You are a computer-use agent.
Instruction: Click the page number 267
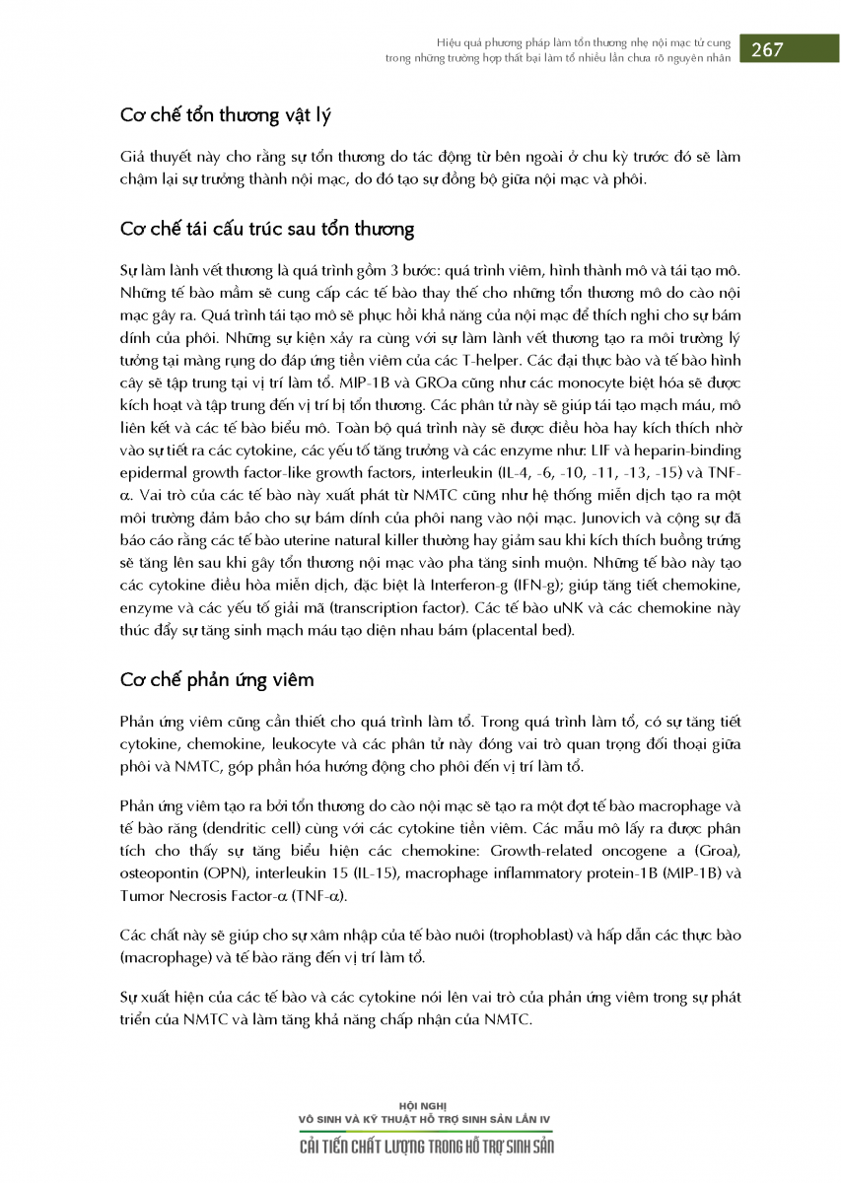point(767,51)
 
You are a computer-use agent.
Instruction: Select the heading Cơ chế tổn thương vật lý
point(225,116)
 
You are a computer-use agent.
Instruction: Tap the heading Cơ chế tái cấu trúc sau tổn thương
point(266,230)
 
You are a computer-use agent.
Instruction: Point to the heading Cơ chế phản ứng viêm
point(217,680)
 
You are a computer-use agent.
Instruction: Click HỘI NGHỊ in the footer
point(425,1106)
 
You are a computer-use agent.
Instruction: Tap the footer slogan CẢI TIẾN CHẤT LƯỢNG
point(371,1147)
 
